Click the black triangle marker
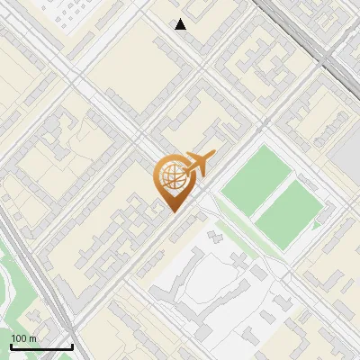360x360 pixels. (181, 24)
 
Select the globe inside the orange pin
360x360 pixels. (171, 175)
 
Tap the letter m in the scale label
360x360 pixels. (32, 338)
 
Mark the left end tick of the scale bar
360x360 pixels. (11, 346)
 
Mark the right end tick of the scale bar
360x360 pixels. (72, 346)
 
